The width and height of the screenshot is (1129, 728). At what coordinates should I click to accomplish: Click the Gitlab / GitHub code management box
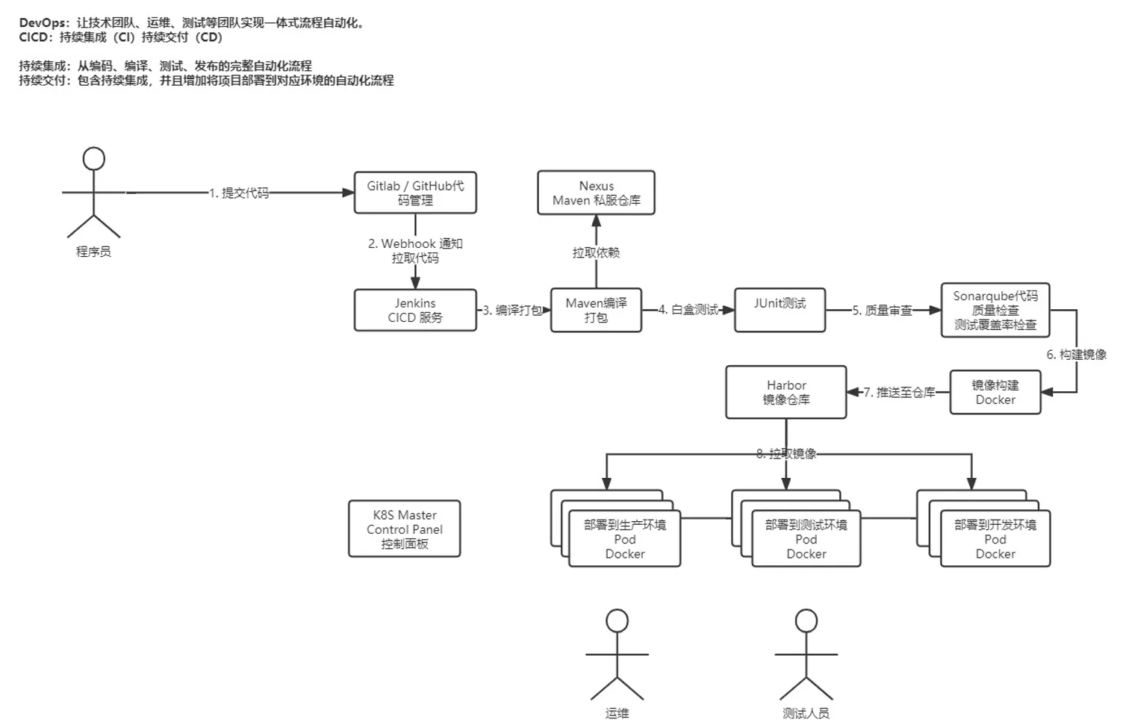(415, 193)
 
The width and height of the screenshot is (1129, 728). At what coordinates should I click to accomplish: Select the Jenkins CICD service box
(415, 310)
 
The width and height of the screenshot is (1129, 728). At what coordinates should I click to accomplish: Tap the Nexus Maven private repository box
(596, 193)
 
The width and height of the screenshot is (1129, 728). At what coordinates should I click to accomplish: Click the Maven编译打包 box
(596, 310)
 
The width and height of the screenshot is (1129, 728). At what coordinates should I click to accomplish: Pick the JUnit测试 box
(780, 310)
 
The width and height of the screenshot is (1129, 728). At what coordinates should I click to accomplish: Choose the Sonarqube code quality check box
(995, 310)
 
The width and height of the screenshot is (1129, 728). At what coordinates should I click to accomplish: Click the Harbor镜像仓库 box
(786, 392)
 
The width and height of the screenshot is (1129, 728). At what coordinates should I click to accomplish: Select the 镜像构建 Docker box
(995, 392)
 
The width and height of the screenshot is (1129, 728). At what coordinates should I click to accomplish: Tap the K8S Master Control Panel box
(404, 529)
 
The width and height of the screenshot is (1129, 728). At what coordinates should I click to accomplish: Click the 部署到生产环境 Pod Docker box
(624, 539)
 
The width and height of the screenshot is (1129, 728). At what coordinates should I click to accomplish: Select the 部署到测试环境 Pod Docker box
(806, 539)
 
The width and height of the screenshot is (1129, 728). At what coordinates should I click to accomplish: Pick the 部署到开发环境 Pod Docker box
(995, 539)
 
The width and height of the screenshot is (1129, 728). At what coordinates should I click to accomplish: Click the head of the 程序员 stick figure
(93, 158)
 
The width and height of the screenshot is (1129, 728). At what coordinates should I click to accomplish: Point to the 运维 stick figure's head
(617, 620)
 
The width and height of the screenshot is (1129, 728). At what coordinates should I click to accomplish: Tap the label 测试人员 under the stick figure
(806, 713)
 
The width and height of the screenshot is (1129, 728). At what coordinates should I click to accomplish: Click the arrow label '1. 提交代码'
(239, 193)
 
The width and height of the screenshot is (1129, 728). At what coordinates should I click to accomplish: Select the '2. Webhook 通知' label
(415, 243)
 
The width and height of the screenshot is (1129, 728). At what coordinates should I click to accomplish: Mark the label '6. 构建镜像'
(1076, 355)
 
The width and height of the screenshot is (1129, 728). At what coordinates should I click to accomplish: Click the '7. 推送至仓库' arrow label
(899, 392)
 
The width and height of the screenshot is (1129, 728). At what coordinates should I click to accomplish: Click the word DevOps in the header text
(43, 22)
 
